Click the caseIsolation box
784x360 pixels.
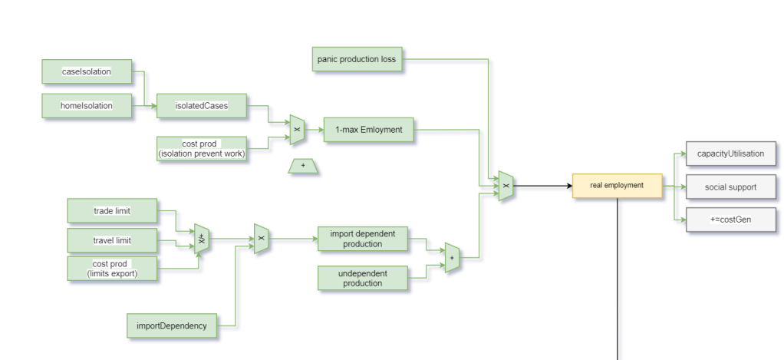click(x=87, y=71)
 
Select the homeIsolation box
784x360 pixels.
click(x=87, y=106)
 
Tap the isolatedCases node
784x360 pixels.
click(x=202, y=106)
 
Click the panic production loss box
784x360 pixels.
click(x=357, y=59)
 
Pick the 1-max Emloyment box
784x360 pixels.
click(x=368, y=130)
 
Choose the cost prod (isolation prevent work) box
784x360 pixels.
click(x=202, y=149)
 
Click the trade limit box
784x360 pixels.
click(x=112, y=210)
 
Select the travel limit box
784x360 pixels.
click(x=112, y=240)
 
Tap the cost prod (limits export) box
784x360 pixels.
click(x=112, y=269)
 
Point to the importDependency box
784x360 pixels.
click(x=172, y=325)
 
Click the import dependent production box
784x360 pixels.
click(x=362, y=239)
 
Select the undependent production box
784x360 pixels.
click(x=362, y=278)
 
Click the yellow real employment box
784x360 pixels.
click(x=617, y=185)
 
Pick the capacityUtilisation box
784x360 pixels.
click(x=730, y=154)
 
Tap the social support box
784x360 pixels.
click(x=730, y=187)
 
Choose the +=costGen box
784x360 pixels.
click(x=730, y=220)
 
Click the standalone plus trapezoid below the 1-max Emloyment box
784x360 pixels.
click(x=303, y=166)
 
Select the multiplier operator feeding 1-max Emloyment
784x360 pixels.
click(x=297, y=130)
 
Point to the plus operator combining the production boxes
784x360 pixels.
click(x=452, y=259)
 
